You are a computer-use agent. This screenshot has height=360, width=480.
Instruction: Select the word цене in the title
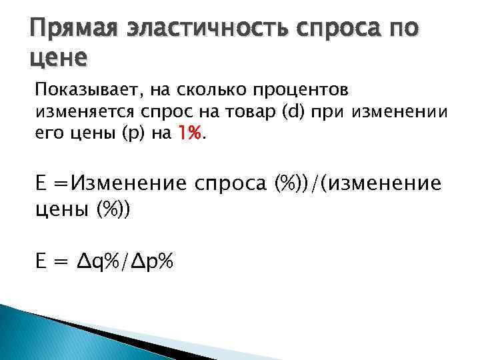(59, 59)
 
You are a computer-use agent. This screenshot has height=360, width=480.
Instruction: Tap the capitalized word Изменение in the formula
(121, 182)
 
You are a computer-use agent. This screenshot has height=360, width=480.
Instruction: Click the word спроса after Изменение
(230, 182)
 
